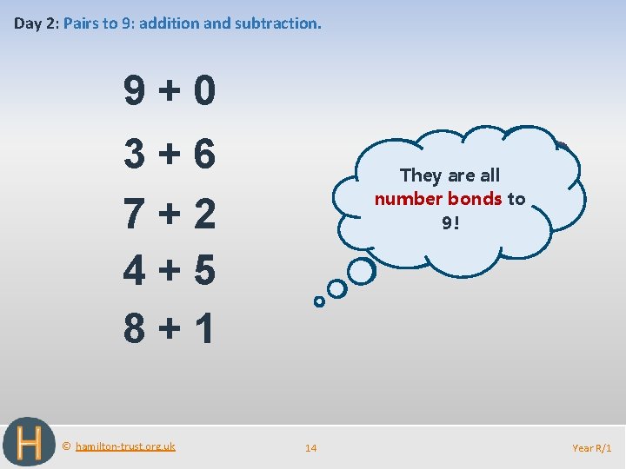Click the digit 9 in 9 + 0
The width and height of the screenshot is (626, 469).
pyautogui.click(x=135, y=91)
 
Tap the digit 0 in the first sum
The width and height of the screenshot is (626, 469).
pyautogui.click(x=204, y=91)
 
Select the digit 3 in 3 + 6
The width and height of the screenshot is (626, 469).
pyautogui.click(x=135, y=154)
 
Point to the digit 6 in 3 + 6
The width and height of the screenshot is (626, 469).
pyautogui.click(x=204, y=154)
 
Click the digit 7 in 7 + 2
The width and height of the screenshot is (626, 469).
pyautogui.click(x=135, y=214)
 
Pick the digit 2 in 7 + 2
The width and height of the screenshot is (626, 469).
pyautogui.click(x=204, y=214)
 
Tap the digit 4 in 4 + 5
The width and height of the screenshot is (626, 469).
pyautogui.click(x=135, y=271)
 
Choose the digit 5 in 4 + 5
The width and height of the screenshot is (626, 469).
pyautogui.click(x=204, y=271)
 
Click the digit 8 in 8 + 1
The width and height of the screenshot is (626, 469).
pyautogui.click(x=135, y=328)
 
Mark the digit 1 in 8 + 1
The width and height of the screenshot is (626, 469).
pyautogui.click(x=204, y=328)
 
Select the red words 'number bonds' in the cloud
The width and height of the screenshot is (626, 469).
pyautogui.click(x=438, y=199)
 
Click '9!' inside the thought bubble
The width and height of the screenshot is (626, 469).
pyautogui.click(x=450, y=222)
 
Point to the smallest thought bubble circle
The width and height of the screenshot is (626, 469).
pyautogui.click(x=319, y=301)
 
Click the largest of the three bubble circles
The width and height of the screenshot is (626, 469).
pyautogui.click(x=361, y=271)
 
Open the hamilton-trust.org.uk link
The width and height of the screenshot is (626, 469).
pyautogui.click(x=125, y=446)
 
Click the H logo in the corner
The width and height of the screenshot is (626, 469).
pyautogui.click(x=29, y=442)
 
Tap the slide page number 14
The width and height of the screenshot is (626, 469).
pyautogui.click(x=310, y=448)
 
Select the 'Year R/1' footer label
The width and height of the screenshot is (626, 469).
pyautogui.click(x=592, y=448)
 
